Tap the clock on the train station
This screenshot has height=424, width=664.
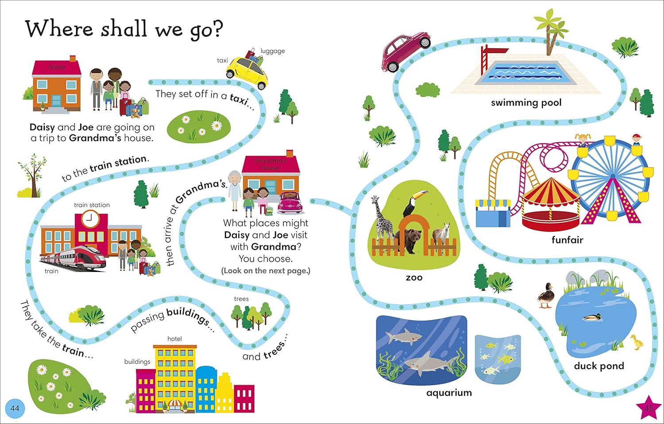pyautogui.click(x=90, y=218)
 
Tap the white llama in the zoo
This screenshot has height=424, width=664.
pyautogui.click(x=441, y=235)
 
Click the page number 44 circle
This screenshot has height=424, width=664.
pyautogui.click(x=15, y=409)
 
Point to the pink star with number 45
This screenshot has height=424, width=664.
pyautogui.click(x=649, y=408)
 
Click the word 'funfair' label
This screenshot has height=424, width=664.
pyautogui.click(x=567, y=240)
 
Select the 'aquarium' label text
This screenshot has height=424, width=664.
pyautogui.click(x=449, y=393)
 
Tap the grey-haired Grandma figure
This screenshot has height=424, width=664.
pyautogui.click(x=235, y=191)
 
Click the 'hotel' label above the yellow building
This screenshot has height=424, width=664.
pyautogui.click(x=174, y=339)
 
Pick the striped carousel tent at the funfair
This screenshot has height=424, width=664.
pyautogui.click(x=551, y=204)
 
